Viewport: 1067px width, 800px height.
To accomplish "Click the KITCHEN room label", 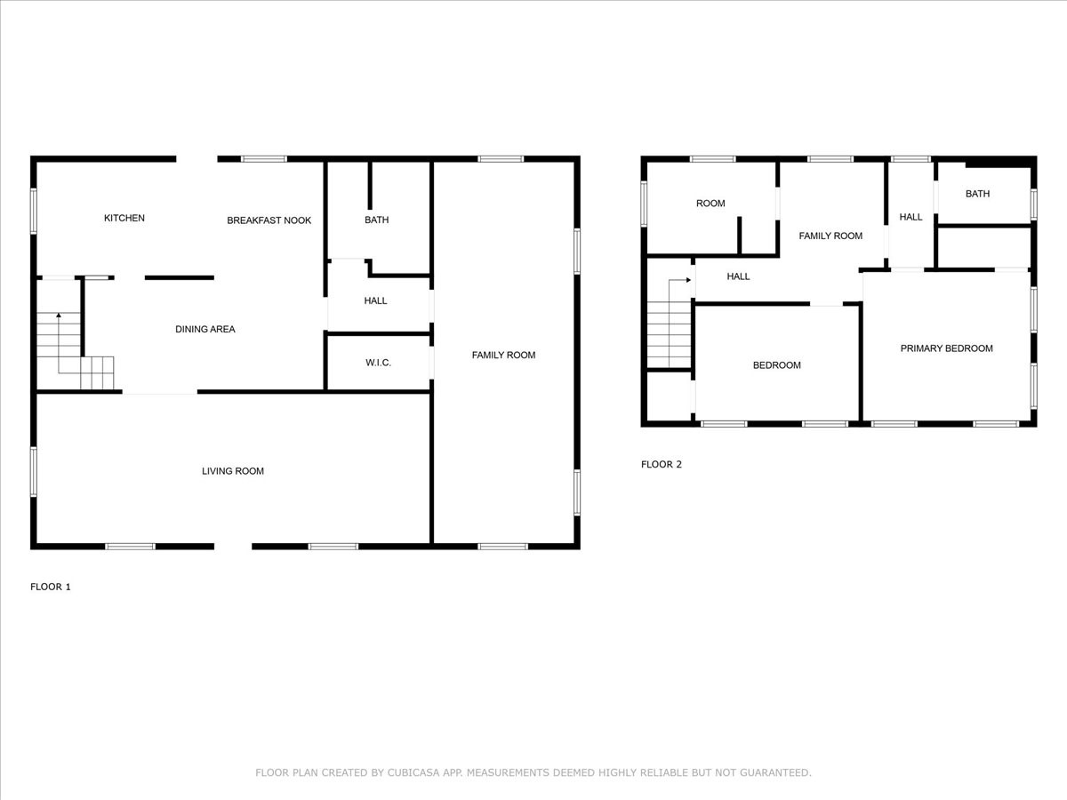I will point(124,219).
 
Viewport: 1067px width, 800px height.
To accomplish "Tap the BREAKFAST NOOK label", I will point(269,220).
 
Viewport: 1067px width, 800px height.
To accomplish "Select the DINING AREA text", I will point(205,330).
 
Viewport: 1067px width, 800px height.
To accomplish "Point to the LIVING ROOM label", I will point(233,471).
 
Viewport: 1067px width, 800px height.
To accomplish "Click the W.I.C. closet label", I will point(378,363).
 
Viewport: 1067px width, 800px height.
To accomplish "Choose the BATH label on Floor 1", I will point(376,220).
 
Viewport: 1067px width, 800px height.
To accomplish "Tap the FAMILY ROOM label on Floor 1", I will point(503,356).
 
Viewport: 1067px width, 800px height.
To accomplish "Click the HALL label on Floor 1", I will point(375,301).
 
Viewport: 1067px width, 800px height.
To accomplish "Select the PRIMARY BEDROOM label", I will point(946,348).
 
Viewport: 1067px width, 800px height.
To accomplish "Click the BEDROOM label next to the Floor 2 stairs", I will point(776,365).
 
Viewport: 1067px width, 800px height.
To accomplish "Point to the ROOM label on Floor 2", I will point(710,204).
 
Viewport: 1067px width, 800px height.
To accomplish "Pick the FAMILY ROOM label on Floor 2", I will point(830,236).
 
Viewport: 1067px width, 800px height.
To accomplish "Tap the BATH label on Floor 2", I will point(977,194).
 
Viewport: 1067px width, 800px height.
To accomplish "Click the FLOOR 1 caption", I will point(51,587).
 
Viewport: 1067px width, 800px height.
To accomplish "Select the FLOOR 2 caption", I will point(662,464).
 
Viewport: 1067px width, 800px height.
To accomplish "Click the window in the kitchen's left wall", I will point(34,211).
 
